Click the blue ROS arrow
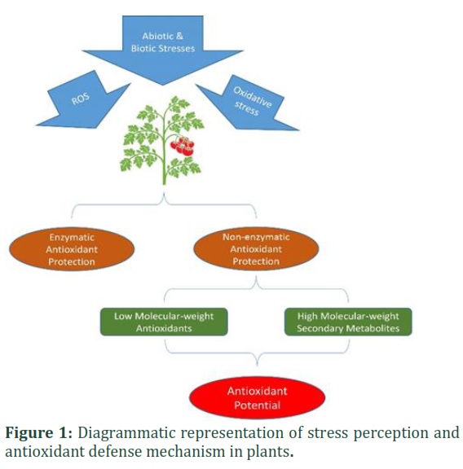(84, 101)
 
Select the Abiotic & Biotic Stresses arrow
(162, 48)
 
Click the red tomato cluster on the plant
(183, 147)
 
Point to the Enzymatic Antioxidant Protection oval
(72, 249)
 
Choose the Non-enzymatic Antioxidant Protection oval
(256, 249)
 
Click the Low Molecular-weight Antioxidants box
(164, 322)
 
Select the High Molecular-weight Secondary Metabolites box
(348, 322)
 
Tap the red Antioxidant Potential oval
(258, 398)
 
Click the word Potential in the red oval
(258, 405)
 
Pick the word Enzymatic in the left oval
(72, 238)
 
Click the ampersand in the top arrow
(179, 36)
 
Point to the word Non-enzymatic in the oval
(256, 237)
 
